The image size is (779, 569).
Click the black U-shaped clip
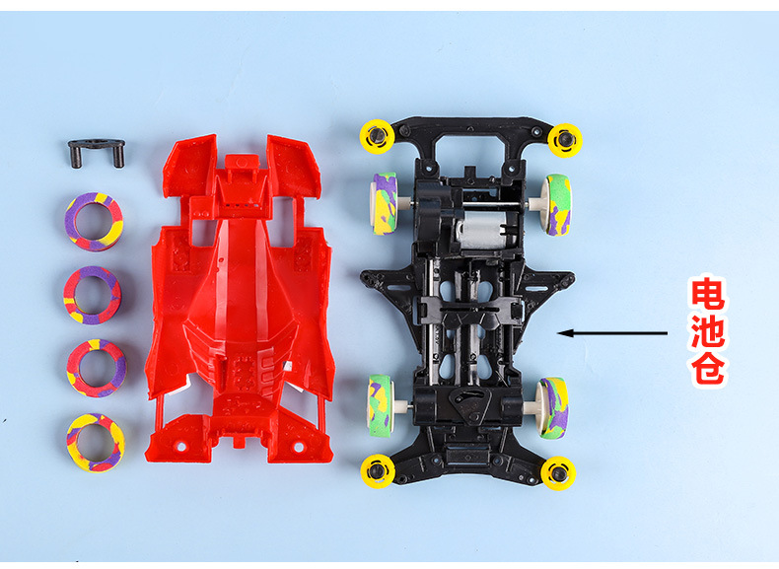click(x=96, y=145)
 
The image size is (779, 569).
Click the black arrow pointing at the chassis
click(x=612, y=333)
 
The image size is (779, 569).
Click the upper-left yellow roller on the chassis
click(x=378, y=136)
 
